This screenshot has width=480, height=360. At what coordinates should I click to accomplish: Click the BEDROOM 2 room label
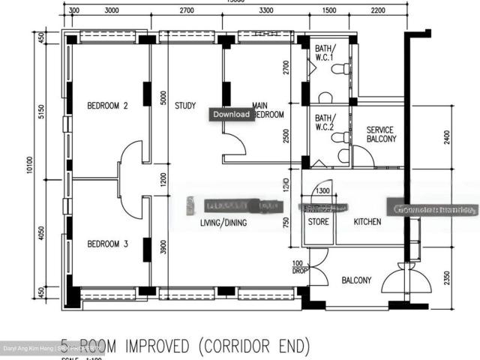[107, 106]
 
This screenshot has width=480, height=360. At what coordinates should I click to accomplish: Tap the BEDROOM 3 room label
[107, 244]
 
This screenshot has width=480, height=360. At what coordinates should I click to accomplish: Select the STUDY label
[185, 106]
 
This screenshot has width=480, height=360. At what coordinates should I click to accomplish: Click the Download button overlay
[230, 115]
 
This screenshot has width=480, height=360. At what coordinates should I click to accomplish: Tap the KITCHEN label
[367, 222]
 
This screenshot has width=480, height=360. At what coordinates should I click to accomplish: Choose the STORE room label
[319, 222]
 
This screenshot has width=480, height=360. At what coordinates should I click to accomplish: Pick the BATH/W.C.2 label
[325, 121]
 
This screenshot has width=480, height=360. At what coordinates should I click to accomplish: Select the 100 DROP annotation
[298, 268]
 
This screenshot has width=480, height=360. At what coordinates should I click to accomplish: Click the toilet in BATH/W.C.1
[341, 70]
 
